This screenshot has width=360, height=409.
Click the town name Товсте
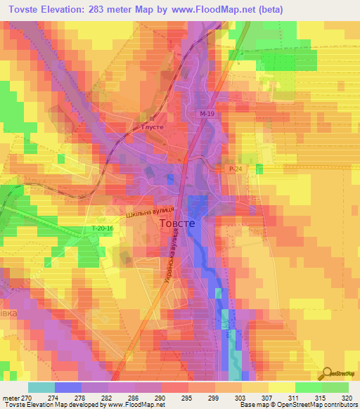[180, 223]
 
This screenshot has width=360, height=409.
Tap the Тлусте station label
[153, 127]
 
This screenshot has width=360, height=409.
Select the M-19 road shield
[205, 113]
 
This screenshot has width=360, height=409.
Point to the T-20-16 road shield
[103, 228]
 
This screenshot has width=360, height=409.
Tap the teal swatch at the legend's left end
[41, 387]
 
